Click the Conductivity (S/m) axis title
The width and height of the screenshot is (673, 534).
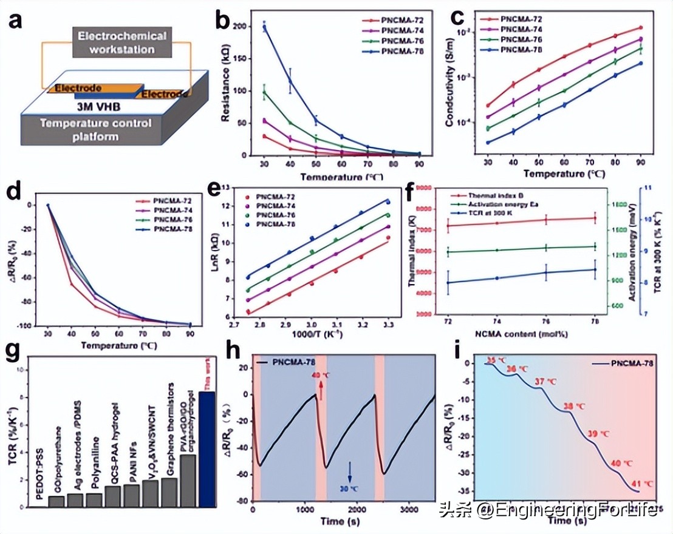[x=450, y=88]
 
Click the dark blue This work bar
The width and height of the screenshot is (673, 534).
[x=207, y=449]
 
